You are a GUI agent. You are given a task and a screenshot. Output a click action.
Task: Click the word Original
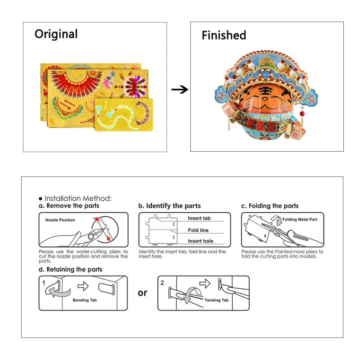[x=56, y=35]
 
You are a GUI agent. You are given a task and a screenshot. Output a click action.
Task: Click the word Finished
[x=224, y=36]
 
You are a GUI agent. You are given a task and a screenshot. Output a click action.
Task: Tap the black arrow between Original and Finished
[x=180, y=89]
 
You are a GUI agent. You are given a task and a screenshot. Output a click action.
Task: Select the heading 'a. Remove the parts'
[x=69, y=206]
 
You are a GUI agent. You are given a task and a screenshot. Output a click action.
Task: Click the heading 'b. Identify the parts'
[x=170, y=206]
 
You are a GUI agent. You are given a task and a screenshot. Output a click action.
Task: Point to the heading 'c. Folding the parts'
[x=270, y=206]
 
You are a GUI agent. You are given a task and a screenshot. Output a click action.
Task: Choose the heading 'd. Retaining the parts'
[x=71, y=269]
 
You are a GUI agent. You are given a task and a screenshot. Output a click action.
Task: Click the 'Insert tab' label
[x=199, y=218]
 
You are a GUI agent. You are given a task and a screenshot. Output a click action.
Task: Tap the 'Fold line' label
[x=198, y=230]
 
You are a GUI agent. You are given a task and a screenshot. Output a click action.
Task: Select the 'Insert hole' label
[x=200, y=241]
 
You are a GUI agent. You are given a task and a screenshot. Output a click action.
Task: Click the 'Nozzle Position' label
[x=60, y=220]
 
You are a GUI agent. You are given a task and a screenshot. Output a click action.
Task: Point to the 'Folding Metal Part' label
[x=300, y=220]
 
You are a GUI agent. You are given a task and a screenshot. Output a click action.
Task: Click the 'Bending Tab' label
[x=85, y=300]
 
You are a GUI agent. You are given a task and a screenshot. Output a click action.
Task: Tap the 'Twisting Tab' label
[x=216, y=300]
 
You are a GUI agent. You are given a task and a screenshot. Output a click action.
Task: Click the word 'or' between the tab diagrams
[x=143, y=293]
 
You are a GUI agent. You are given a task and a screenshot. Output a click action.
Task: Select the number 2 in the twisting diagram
[x=162, y=283]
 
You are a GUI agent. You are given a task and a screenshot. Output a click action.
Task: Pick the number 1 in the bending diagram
[x=44, y=283]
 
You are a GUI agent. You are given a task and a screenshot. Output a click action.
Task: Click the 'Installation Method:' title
[x=78, y=198]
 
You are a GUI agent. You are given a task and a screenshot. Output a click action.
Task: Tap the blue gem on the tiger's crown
[x=265, y=74]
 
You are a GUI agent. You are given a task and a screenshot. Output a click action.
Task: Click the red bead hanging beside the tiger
[x=302, y=113]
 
